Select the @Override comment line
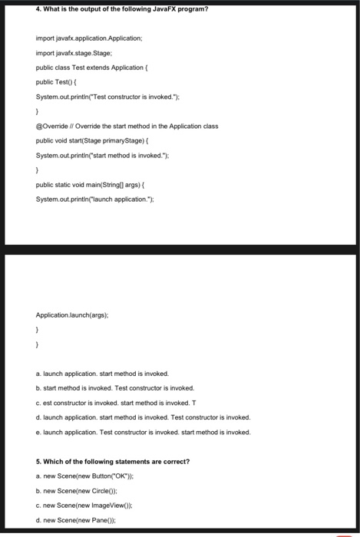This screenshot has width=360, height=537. click(x=127, y=126)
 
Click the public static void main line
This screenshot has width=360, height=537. click(x=96, y=185)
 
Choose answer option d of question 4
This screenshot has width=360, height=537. click(x=143, y=417)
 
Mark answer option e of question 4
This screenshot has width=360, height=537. click(x=143, y=432)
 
